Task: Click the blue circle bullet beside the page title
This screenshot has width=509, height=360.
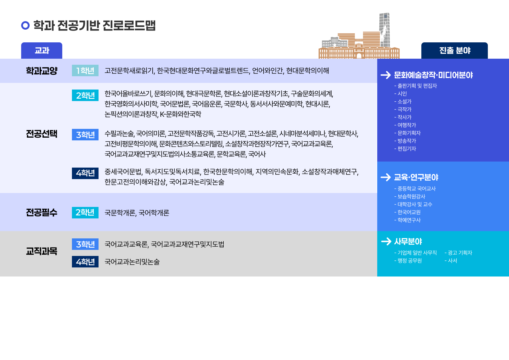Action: click(25, 25)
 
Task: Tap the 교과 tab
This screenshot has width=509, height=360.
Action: click(42, 51)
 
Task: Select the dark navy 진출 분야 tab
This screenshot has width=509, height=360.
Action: click(455, 51)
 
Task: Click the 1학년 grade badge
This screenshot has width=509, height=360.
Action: click(85, 70)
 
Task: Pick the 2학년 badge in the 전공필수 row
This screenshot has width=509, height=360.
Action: click(85, 212)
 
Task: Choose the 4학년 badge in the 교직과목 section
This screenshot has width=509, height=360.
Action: click(85, 261)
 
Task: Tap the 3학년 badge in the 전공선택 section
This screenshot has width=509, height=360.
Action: click(85, 135)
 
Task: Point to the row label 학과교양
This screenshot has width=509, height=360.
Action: click(42, 71)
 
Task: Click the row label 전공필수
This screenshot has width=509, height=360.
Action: click(42, 212)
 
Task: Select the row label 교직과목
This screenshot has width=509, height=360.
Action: click(42, 251)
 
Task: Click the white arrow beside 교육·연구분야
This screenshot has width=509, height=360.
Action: click(386, 177)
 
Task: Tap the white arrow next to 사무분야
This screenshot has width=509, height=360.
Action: click(386, 241)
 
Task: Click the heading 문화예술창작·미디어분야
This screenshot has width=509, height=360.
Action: click(433, 75)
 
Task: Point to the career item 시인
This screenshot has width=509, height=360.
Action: click(402, 93)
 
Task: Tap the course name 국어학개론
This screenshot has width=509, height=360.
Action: click(154, 213)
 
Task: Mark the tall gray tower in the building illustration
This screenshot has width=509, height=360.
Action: click(384, 30)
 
